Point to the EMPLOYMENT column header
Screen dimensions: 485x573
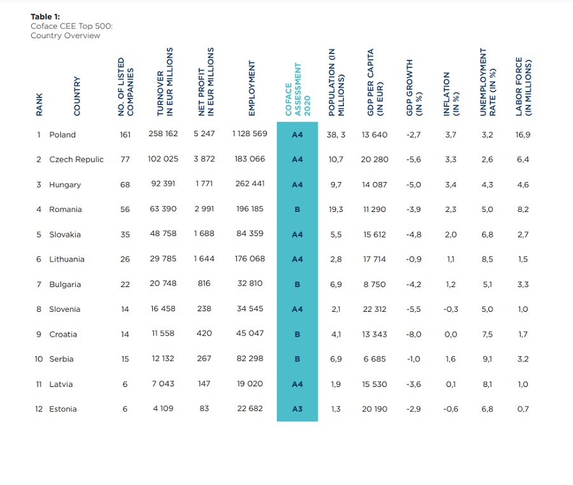(x=251, y=88)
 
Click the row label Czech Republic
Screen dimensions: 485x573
(x=76, y=159)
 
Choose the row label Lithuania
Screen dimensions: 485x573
(x=67, y=259)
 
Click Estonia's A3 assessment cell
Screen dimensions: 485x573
(x=297, y=409)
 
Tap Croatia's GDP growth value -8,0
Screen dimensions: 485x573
(x=413, y=334)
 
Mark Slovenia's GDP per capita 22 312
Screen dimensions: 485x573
(x=374, y=309)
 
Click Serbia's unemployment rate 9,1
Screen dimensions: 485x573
(x=487, y=359)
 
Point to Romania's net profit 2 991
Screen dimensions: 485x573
(x=204, y=209)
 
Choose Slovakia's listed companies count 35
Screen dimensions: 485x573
(x=125, y=234)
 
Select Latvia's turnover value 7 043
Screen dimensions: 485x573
(x=163, y=384)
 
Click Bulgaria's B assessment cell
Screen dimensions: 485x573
(x=297, y=285)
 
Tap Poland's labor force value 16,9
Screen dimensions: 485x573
(x=523, y=134)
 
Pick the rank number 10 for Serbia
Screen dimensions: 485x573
(x=39, y=359)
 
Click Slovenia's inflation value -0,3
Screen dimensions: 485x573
(x=450, y=309)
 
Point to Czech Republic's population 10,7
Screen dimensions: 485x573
(x=336, y=159)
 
